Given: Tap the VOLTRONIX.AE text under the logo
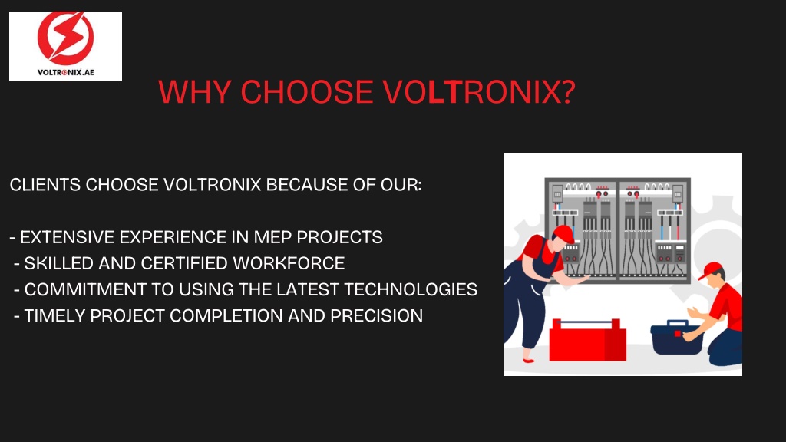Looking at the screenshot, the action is pos(66,72).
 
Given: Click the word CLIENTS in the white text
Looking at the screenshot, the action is pos(45,185).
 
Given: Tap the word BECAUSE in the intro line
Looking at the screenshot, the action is pos(307,185).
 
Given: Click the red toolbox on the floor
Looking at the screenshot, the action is pos(587,340).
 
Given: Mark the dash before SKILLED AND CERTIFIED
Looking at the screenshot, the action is pos(17,264).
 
